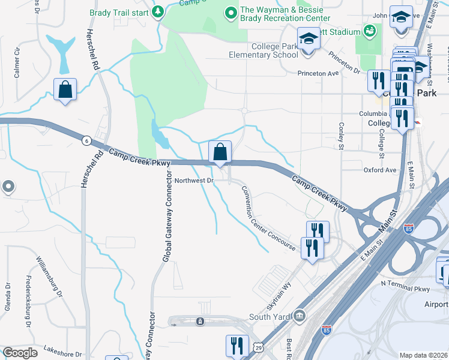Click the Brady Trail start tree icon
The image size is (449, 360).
click(158, 12)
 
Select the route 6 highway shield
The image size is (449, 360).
click(87, 140)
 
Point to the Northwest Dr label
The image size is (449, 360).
click(194, 181)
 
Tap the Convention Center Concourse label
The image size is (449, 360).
click(268, 218)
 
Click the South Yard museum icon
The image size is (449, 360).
click(298, 316)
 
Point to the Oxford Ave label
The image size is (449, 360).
click(380, 170)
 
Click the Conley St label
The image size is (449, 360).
click(341, 137)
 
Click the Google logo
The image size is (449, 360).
click(20, 353)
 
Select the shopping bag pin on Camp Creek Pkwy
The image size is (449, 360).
click(220, 152)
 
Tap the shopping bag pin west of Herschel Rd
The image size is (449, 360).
click(65, 89)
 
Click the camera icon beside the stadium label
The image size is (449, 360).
click(370, 30)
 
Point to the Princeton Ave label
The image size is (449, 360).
click(319, 73)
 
